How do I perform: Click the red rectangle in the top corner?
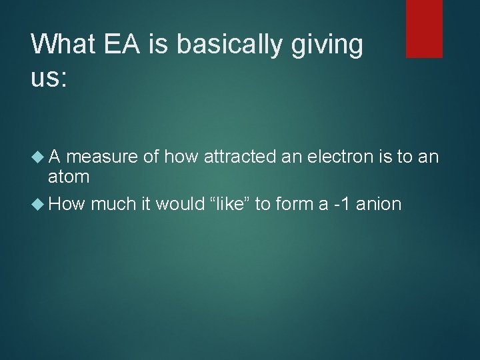(x=424, y=28)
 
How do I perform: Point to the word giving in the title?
(x=329, y=45)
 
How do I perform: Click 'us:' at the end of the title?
(x=49, y=77)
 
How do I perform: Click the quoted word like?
(x=229, y=203)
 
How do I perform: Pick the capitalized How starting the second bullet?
(x=65, y=203)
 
